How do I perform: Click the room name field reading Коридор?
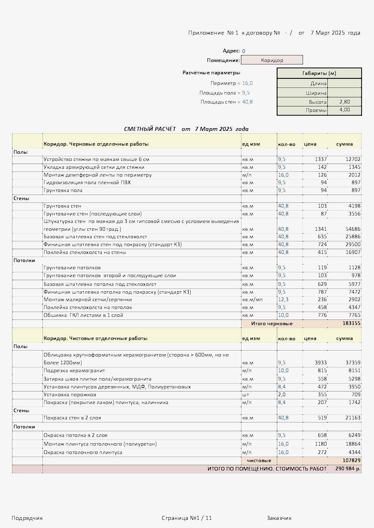click(x=272, y=60)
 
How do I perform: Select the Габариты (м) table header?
click(x=319, y=73)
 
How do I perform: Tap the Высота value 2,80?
click(x=344, y=102)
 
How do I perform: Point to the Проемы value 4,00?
click(x=344, y=110)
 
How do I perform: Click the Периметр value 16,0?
click(x=247, y=83)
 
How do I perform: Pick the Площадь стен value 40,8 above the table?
click(x=247, y=102)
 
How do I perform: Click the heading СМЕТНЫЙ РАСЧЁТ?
click(x=150, y=129)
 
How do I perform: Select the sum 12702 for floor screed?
click(x=353, y=159)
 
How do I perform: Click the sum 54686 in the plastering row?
click(x=353, y=229)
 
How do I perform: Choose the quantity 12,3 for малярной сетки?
click(x=283, y=300)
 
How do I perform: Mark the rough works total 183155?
click(x=351, y=323)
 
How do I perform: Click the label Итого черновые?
click(x=272, y=324)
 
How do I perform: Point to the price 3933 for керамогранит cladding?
click(x=321, y=363)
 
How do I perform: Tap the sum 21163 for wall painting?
click(x=353, y=418)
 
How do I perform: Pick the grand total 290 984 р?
click(x=348, y=469)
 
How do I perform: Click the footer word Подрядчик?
click(x=27, y=518)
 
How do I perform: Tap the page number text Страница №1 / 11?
click(x=187, y=518)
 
